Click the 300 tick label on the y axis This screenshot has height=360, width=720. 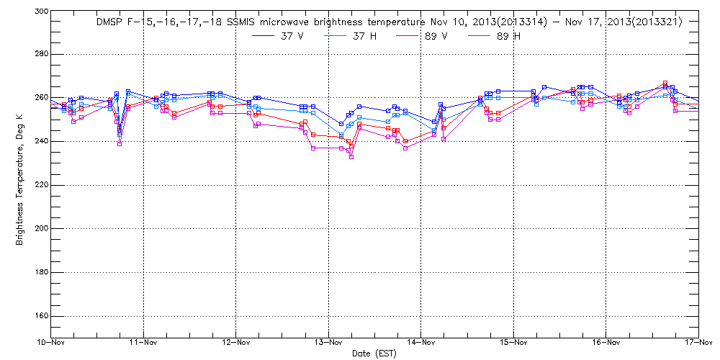click(40, 12)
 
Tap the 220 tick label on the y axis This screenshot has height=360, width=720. click(40, 185)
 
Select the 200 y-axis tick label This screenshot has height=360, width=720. click(40, 228)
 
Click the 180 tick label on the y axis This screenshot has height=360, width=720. click(40, 272)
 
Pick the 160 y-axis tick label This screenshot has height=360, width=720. click(40, 316)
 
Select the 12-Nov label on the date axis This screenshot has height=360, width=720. click(236, 343)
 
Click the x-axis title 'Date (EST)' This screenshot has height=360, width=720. click(374, 354)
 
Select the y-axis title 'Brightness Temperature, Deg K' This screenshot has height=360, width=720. click(20, 175)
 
